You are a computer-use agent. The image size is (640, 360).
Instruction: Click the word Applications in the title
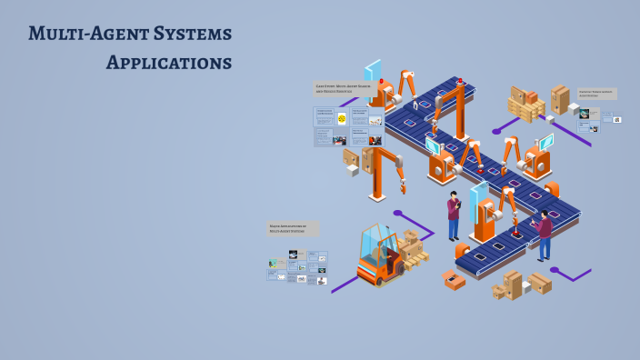(168, 63)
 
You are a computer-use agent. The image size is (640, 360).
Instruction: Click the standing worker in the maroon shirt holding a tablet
(454, 217)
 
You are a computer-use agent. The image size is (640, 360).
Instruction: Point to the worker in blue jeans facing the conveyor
(544, 235)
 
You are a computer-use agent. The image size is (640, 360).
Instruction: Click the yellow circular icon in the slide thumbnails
(342, 118)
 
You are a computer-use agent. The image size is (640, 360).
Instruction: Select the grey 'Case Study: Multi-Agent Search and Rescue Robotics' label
(342, 89)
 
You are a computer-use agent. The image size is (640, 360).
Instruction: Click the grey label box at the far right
(596, 94)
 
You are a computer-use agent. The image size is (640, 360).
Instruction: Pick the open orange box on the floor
(454, 280)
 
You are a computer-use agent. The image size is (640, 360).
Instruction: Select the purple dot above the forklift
(397, 213)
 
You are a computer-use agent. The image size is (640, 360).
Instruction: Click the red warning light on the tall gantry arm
(460, 82)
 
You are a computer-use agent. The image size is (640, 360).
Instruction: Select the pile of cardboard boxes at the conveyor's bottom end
(521, 285)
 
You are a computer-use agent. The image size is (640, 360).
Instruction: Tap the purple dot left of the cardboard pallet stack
(496, 133)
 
